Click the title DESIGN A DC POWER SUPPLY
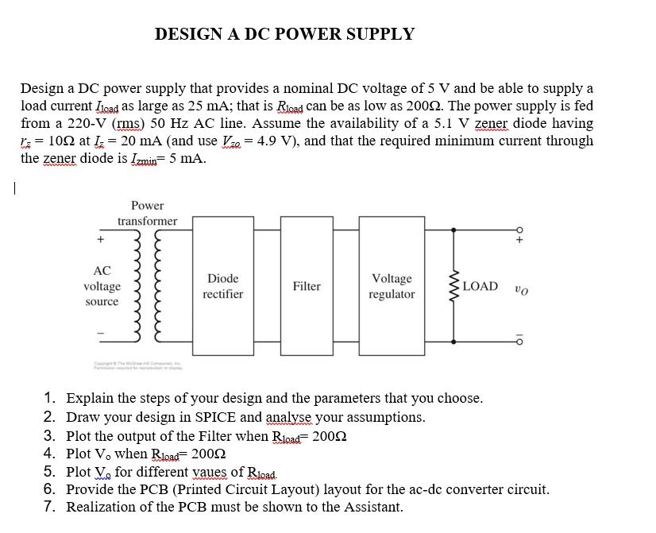pos(284,34)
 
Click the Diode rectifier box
pos(222,286)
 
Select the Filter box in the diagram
pos(307,286)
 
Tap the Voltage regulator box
pos(392,286)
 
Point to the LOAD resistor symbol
pos(454,286)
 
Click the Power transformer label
pos(147,213)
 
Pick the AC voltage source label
pos(102,286)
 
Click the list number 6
pos(49,489)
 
